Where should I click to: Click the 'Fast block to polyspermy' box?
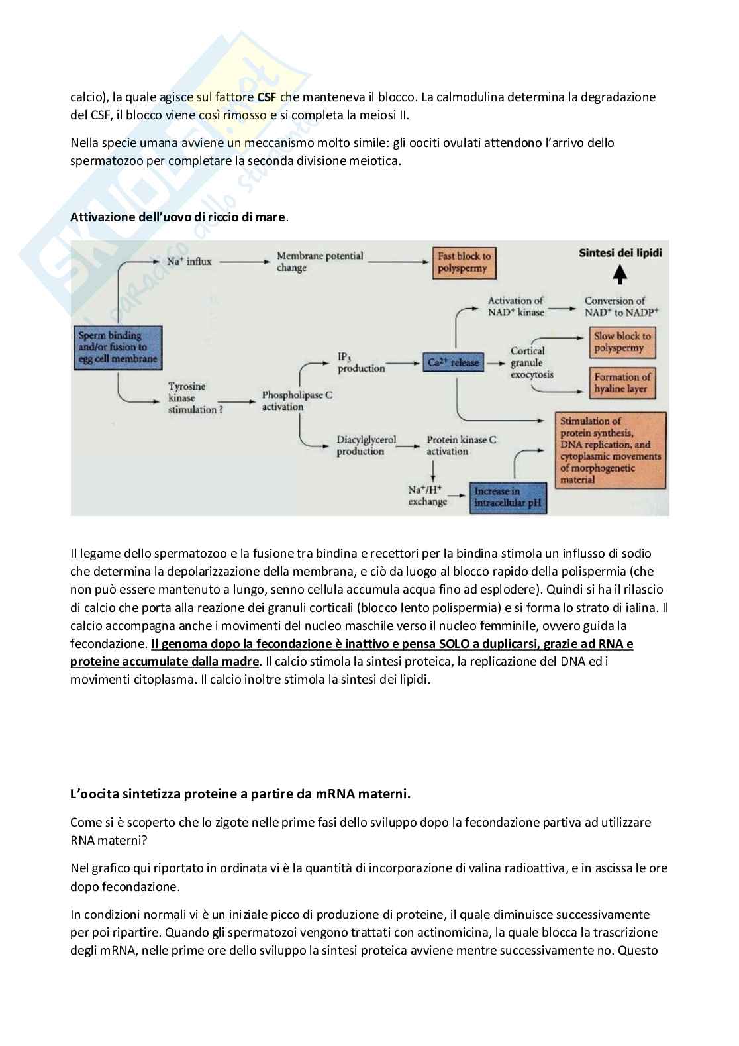coord(465,263)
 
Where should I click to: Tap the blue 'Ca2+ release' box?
coord(453,362)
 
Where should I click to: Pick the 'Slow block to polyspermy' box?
coord(622,342)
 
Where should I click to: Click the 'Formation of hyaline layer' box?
coord(622,383)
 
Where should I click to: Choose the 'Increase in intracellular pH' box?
coord(508,497)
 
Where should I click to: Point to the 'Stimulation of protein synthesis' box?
coord(611,450)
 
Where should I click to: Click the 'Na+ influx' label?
coord(189,262)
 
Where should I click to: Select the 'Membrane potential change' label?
coord(320,262)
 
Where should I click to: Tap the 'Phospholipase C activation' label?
coord(297,401)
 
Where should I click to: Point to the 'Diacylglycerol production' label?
coord(366,445)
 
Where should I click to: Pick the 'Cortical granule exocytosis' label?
coord(531,362)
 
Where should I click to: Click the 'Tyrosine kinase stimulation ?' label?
coord(191,397)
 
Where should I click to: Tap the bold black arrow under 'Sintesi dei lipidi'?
coord(620,274)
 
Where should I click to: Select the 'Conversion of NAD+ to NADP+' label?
coord(621,306)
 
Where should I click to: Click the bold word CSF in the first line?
coord(267,97)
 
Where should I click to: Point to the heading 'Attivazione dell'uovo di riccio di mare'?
coord(179,217)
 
